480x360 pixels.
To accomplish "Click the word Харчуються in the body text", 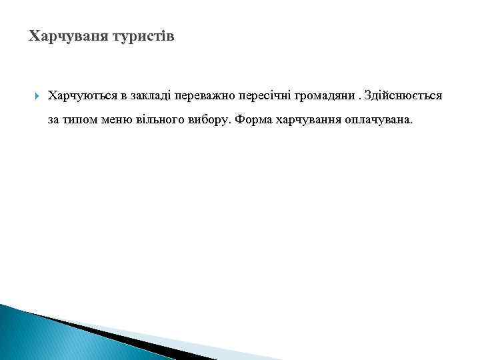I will coord(80,96).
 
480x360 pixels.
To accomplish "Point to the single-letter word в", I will coord(123,96).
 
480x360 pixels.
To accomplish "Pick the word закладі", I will coord(150,96).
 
